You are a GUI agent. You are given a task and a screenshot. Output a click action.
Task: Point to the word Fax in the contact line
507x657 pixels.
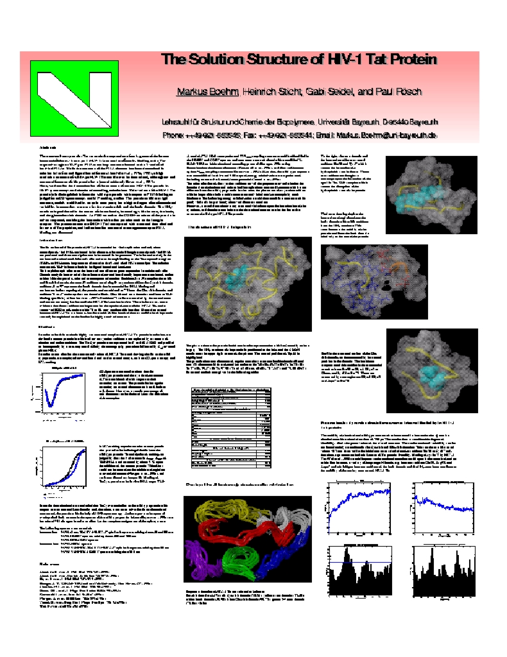click(x=257, y=135)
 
